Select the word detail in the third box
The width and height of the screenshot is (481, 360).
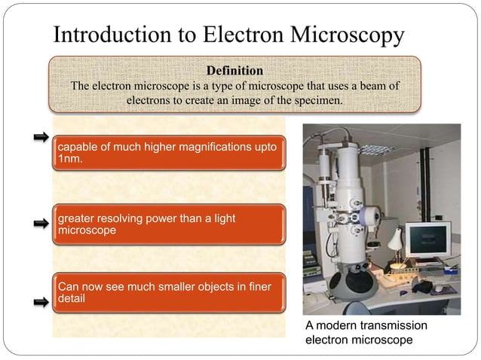[71, 299]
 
